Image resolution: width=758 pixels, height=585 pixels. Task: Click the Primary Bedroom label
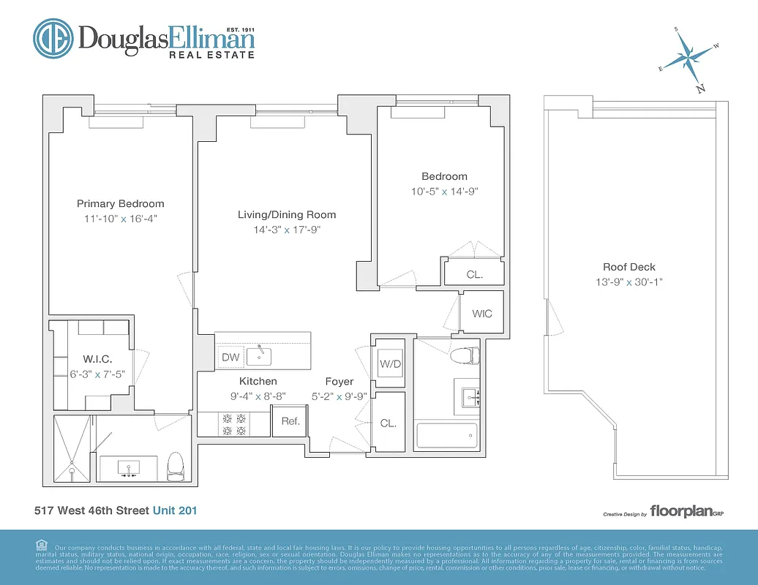(x=121, y=204)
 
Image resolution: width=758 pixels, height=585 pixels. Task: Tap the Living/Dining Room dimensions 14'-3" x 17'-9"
(x=286, y=230)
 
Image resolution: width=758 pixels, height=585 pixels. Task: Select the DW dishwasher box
(x=230, y=357)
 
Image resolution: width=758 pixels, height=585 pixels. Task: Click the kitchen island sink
(x=260, y=356)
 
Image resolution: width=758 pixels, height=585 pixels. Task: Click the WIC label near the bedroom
(x=481, y=314)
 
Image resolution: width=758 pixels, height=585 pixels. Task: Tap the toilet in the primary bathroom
(x=175, y=465)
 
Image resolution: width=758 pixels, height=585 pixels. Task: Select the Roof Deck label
(x=628, y=268)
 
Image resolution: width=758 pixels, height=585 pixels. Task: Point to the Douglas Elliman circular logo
(x=52, y=39)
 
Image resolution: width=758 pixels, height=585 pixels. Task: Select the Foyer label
(x=339, y=382)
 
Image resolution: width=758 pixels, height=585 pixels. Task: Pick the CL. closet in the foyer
(x=388, y=423)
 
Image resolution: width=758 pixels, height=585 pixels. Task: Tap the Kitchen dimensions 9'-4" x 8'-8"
(x=258, y=396)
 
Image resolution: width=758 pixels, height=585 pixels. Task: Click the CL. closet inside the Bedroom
(x=474, y=275)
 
